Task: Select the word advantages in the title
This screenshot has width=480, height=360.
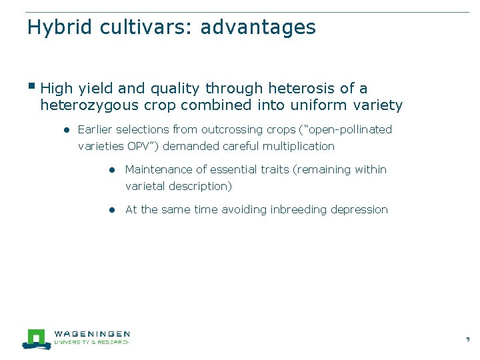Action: (x=258, y=28)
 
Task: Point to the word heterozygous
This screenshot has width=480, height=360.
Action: (x=89, y=105)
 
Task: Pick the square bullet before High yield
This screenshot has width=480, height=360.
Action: (x=32, y=86)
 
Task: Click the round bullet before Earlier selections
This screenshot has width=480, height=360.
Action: (x=67, y=130)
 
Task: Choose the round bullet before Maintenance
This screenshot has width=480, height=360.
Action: (x=114, y=170)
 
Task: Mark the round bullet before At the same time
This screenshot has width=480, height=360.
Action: (x=114, y=210)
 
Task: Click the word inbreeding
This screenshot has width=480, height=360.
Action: (x=299, y=209)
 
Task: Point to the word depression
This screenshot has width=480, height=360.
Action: (x=359, y=209)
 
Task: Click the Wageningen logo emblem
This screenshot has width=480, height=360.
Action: (x=36, y=339)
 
